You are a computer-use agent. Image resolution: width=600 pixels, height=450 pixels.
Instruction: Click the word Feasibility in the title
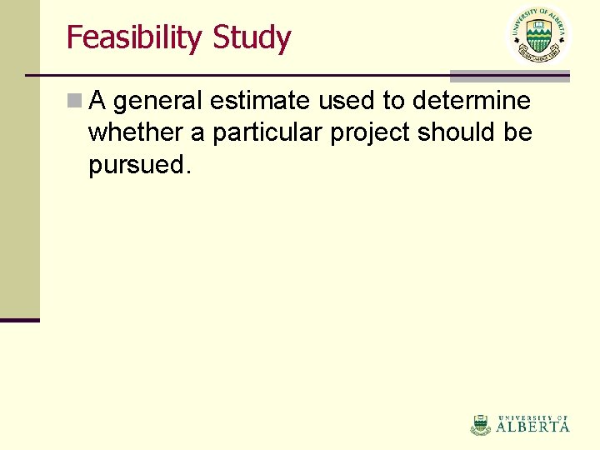pos(135,38)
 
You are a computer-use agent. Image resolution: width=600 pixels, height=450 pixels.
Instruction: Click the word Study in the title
pos(252,38)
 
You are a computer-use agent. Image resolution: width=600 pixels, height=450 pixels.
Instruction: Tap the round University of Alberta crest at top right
pos(538,36)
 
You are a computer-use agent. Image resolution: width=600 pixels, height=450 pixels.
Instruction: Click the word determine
pos(469,101)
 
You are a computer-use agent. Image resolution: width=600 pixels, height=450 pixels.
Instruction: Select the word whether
pos(136,132)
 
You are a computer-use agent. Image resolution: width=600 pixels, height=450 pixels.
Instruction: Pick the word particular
pos(268,132)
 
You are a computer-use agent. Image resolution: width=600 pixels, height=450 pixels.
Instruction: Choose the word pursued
pos(139,165)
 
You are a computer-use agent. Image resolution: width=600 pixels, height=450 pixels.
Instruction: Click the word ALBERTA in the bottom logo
pos(533,427)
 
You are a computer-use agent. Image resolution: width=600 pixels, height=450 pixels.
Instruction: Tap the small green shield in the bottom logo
pos(481,424)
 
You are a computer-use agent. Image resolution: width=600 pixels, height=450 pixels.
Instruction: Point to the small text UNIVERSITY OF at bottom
pos(533,417)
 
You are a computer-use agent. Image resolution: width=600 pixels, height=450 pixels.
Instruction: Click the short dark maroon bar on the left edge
pos(19,319)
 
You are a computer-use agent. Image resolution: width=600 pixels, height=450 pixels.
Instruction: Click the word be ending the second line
pos(518,132)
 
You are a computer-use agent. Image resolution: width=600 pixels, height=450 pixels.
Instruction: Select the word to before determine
pos(392,101)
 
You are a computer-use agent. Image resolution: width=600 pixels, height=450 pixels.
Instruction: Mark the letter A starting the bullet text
pos(97,101)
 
